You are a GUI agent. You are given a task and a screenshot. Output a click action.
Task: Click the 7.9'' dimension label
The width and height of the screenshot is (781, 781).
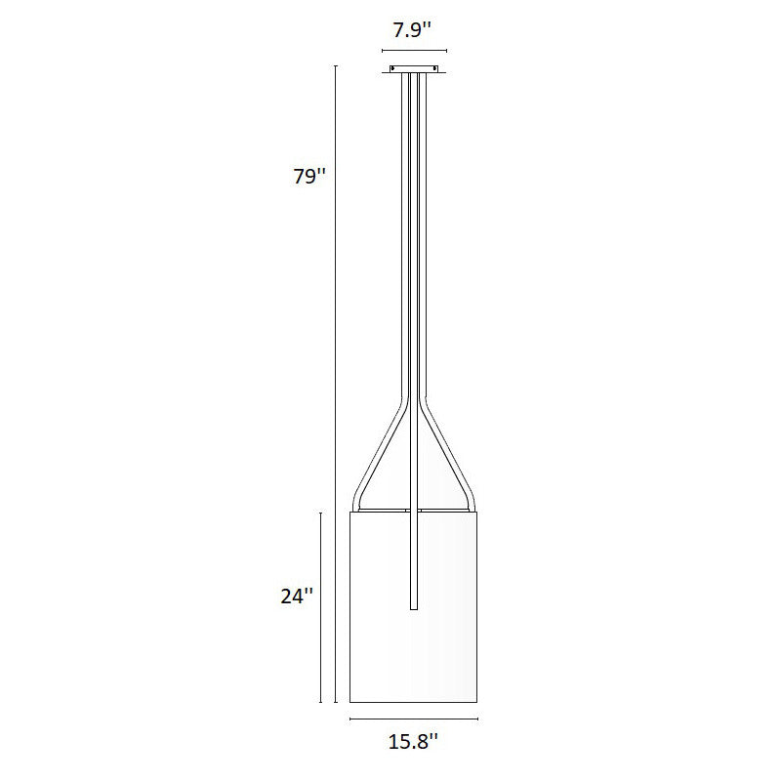[x=414, y=30]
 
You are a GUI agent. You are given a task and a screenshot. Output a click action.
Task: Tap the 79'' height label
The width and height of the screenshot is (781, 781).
[x=308, y=178]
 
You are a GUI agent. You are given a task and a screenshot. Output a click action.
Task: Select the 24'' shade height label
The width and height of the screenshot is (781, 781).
[x=296, y=596]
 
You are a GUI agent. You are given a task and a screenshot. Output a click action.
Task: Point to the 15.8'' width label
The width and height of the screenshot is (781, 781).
[x=414, y=743]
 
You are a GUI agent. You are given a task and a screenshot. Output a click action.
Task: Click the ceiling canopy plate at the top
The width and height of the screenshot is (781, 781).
[x=415, y=69]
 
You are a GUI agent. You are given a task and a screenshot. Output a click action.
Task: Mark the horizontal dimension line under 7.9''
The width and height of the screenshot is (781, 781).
[x=414, y=50]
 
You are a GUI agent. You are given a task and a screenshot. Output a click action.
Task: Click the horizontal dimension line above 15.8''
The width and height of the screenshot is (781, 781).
[x=414, y=719]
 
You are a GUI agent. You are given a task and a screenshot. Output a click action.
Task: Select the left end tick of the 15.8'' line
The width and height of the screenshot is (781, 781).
[x=350, y=719]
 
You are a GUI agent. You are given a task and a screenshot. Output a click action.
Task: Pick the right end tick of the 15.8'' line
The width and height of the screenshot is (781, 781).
[x=478, y=719]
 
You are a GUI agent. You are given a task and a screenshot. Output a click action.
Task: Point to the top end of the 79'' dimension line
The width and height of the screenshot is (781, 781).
[x=335, y=66]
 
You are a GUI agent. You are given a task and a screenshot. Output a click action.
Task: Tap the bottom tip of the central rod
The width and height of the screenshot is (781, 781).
[x=415, y=609]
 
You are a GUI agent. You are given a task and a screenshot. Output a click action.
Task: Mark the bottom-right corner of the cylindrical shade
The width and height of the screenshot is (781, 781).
[x=477, y=701]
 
